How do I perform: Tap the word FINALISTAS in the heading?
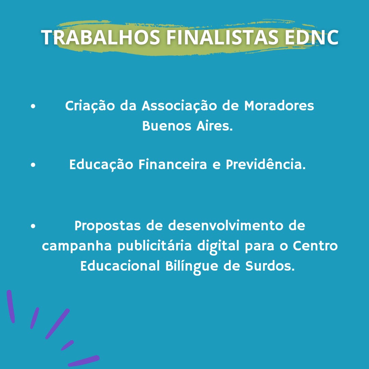222,37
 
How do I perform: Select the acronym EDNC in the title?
312,37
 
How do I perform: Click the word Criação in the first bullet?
90,106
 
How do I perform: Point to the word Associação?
179,106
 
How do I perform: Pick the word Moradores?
279,106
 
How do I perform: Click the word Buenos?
167,126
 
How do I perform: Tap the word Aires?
215,126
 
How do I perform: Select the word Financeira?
173,164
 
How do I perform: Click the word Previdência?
266,164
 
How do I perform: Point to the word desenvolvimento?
226,225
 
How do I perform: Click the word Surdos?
270,266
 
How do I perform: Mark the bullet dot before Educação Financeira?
33,165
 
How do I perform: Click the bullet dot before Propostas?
33,226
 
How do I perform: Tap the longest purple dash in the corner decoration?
58,324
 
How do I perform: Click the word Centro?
315,246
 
